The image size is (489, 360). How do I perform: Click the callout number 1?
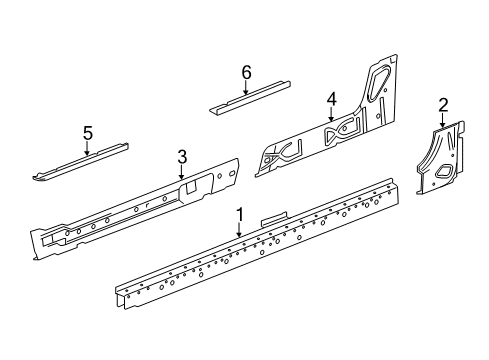click(x=240, y=213)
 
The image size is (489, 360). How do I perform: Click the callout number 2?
click(x=442, y=103)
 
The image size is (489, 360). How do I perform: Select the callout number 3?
click(x=182, y=155)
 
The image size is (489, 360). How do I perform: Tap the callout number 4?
click(x=331, y=98)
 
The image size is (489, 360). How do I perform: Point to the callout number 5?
click(x=87, y=132)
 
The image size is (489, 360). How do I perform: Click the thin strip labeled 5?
click(x=80, y=163)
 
